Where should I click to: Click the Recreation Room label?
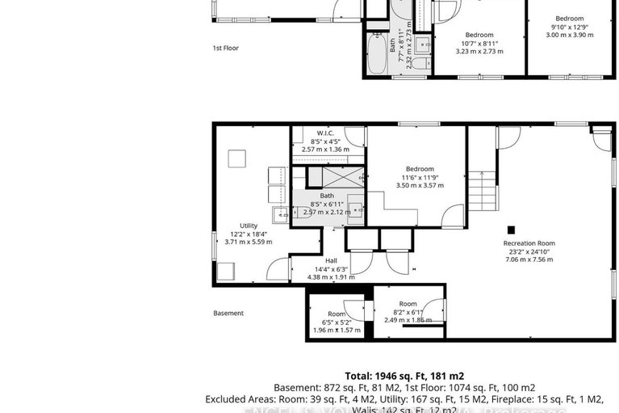529,242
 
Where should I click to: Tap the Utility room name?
248,225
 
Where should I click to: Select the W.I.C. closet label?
325,133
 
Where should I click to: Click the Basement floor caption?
228,313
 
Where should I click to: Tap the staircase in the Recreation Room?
480,192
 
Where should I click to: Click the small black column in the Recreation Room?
510,228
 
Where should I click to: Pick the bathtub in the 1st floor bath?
377,55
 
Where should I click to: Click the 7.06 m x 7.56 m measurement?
529,260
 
